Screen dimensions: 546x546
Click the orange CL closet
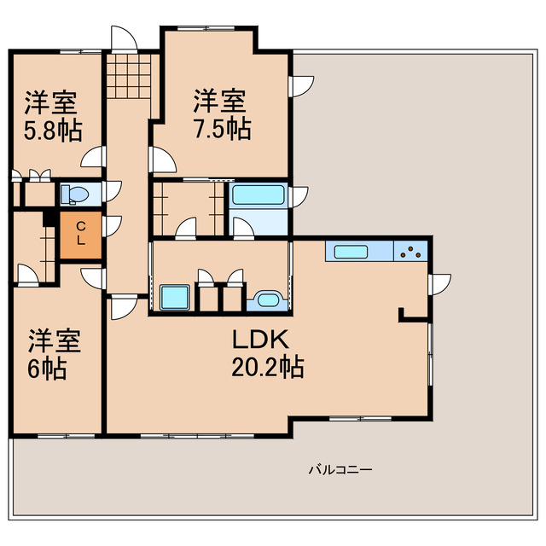pos(80,234)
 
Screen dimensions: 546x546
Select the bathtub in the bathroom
pos(258,195)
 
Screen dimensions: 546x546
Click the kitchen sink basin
pos(351,252)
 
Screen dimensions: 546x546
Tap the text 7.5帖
pos(221,129)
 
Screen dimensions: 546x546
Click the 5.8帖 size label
pos(50,131)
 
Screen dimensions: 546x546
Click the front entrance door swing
pos(124,39)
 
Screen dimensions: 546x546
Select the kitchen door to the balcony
pos(439,284)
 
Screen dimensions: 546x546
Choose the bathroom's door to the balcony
pos(299,197)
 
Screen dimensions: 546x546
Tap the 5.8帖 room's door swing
pos(94,158)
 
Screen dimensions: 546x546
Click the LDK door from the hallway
pos(122,307)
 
